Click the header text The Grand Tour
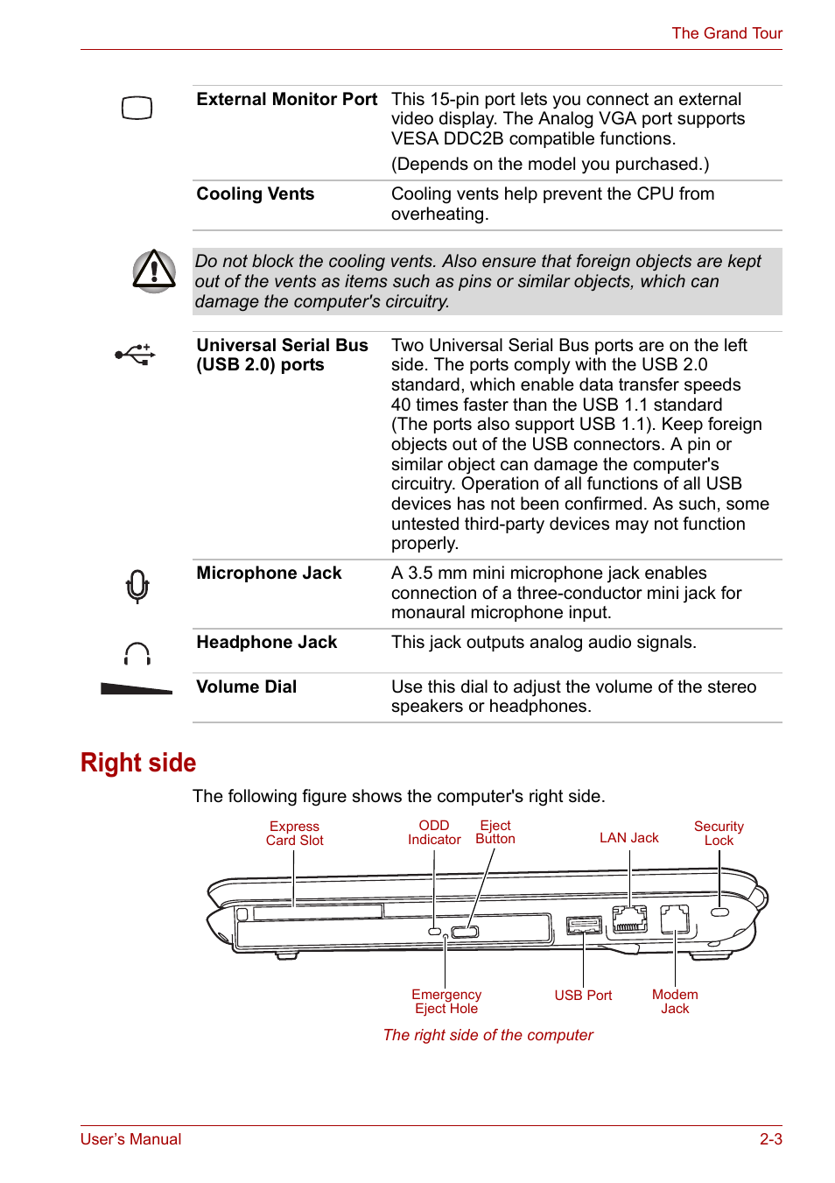(x=726, y=33)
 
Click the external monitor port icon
(x=137, y=109)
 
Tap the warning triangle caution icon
(x=154, y=271)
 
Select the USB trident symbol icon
(x=136, y=355)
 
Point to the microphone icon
(x=137, y=586)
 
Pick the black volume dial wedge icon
(x=137, y=689)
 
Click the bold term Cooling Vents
(x=255, y=194)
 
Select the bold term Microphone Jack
(x=269, y=574)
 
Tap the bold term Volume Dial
(x=246, y=687)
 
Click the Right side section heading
(x=138, y=763)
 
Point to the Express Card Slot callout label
(x=294, y=834)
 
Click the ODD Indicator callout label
(x=434, y=833)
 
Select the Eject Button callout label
(x=495, y=833)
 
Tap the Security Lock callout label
(x=719, y=834)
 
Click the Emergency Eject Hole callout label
(x=446, y=1002)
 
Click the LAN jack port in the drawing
(x=629, y=919)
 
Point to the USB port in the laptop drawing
(x=584, y=925)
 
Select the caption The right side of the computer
(x=488, y=1035)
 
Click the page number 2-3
(x=770, y=1139)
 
